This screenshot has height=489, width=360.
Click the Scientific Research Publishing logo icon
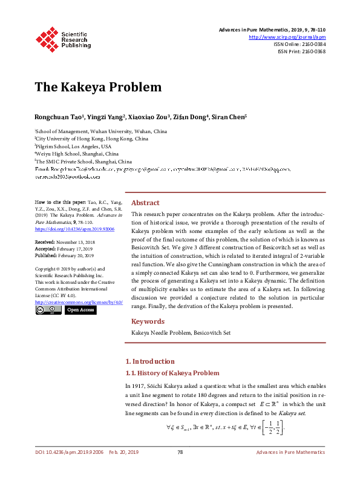tap(46, 38)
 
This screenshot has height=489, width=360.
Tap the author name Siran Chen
tap(228, 116)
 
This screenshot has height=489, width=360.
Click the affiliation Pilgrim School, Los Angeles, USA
tap(73, 146)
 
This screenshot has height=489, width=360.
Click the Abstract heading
tap(145, 203)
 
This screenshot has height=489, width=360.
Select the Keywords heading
tap(148, 321)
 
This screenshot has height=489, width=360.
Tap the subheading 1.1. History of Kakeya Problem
tap(172, 373)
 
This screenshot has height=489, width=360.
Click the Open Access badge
tap(80, 310)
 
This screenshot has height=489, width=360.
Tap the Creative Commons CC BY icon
tap(48, 310)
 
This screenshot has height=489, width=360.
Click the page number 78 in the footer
tap(180, 470)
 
